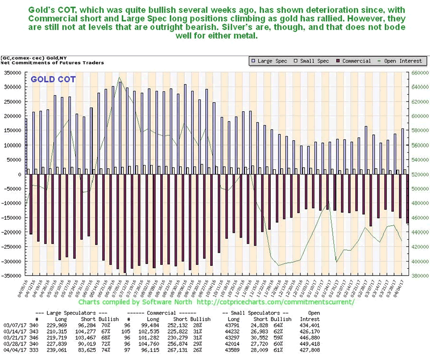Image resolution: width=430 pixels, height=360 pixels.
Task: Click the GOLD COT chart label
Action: (53, 79)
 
